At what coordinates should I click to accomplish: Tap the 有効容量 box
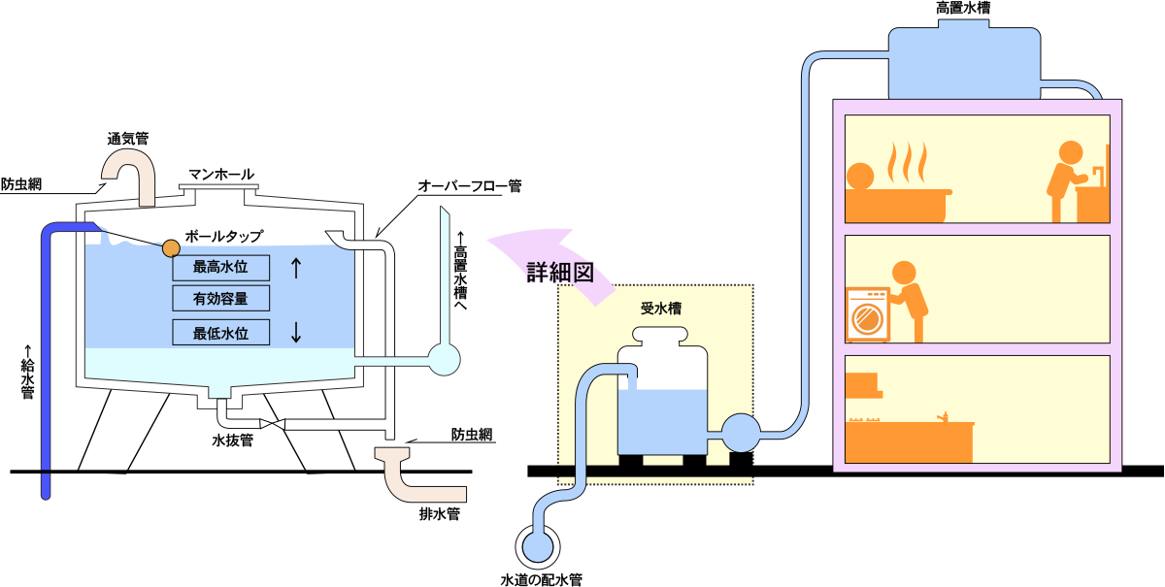click(x=220, y=299)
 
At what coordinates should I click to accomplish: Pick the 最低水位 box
click(x=220, y=333)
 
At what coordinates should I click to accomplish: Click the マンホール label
click(x=220, y=175)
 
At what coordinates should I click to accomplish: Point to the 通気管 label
click(x=127, y=139)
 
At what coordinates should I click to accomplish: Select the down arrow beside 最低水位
click(x=296, y=333)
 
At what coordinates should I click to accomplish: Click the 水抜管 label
click(x=233, y=440)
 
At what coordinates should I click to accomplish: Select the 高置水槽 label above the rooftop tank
click(x=963, y=9)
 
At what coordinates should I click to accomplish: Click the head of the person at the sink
click(x=1069, y=153)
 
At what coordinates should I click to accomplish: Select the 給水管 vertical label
click(x=28, y=374)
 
